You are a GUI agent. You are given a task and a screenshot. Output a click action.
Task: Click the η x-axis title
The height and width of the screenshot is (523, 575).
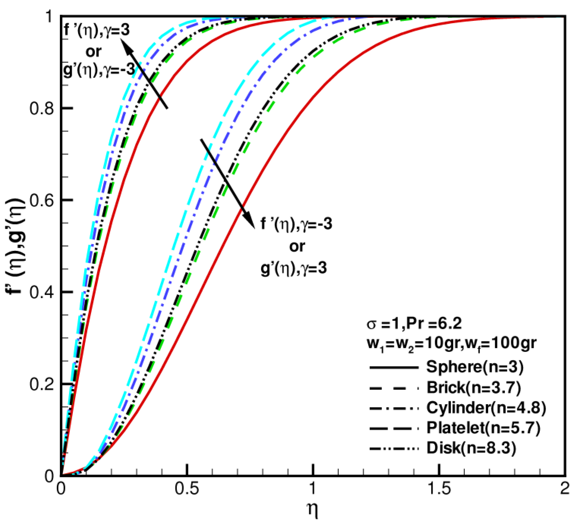(313, 510)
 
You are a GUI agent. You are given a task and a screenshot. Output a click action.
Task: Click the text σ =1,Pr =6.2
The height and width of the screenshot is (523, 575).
(414, 324)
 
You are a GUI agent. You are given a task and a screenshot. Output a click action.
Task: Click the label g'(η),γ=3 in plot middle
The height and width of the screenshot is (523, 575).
(294, 268)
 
